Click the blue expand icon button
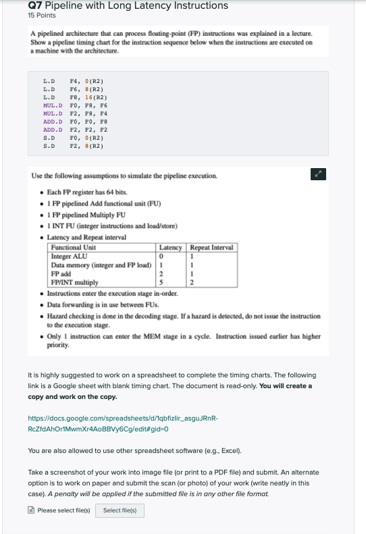(317, 173)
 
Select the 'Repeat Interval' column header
(212, 248)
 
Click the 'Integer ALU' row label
(70, 256)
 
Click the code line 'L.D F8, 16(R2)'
(72, 97)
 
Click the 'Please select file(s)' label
(63, 510)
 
